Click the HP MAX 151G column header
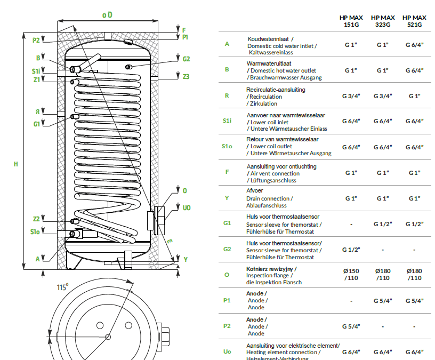[351, 21]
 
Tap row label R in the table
[227, 96]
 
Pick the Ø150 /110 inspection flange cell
[351, 274]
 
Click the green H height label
[16, 164]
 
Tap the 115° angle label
[63, 287]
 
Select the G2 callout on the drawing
[186, 59]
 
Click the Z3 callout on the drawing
[186, 77]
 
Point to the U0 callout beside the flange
[186, 207]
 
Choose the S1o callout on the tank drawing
[35, 233]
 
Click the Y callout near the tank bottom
[186, 259]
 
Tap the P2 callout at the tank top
[36, 40]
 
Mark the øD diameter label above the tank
[107, 15]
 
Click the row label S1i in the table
[227, 122]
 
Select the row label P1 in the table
[227, 300]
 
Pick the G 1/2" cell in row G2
[351, 250]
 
